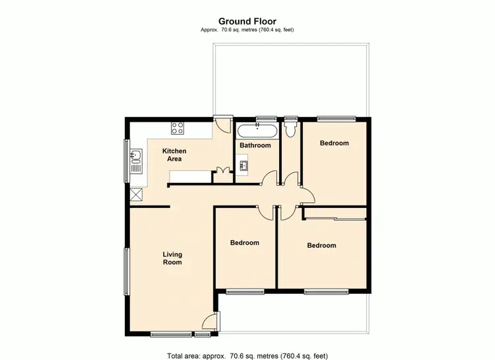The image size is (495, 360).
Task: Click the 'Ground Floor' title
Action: pos(247,21)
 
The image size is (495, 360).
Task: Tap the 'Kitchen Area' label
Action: pos(175,155)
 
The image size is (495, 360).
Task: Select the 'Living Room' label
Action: pos(172,258)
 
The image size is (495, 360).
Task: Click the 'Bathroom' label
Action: pos(255,145)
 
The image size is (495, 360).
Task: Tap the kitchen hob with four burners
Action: pos(178,127)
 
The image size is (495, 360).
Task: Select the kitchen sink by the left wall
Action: pos(136,158)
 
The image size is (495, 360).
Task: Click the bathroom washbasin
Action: pos(244,166)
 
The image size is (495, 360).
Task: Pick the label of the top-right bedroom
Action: pos(334,143)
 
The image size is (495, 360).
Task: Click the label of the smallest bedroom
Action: pos(244,242)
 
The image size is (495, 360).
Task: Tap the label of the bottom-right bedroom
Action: pos(321,245)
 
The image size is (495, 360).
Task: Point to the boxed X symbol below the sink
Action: pos(137,194)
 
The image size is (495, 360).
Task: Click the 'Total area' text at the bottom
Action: pos(247,355)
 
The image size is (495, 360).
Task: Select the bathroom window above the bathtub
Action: pos(266,118)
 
